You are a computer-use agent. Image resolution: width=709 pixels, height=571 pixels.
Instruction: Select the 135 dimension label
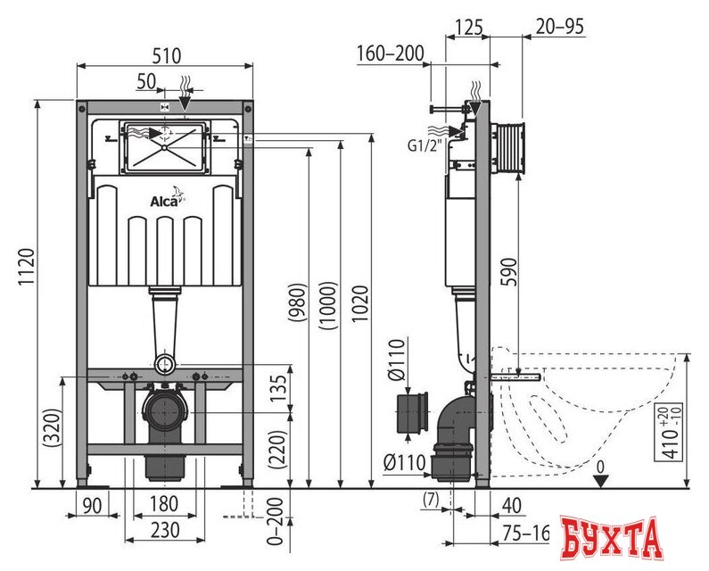coord(279,387)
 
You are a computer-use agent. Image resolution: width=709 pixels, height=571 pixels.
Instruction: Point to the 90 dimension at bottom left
coord(92,505)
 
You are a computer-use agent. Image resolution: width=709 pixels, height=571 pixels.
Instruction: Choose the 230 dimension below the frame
coord(166,530)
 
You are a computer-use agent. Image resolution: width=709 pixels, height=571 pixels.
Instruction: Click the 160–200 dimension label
coord(391,53)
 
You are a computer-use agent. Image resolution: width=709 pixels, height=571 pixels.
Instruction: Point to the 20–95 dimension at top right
coord(559,27)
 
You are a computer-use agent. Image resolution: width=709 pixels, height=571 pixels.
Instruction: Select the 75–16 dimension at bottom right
coord(524,534)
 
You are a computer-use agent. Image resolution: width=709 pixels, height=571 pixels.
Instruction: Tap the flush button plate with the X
coord(165,147)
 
